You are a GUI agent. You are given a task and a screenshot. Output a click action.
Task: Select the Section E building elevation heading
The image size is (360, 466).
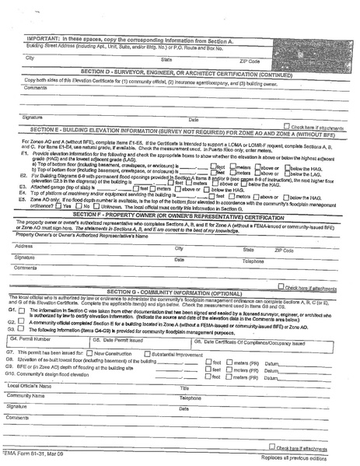(x=179, y=134)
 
